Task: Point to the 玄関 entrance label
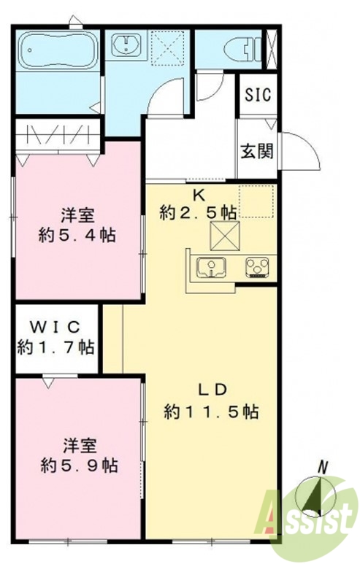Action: tap(257, 151)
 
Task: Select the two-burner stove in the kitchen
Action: tap(258, 267)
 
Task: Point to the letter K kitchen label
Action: tap(198, 195)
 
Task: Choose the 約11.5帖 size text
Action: tap(210, 412)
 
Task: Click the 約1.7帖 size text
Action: tap(55, 347)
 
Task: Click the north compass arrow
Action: tap(315, 496)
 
